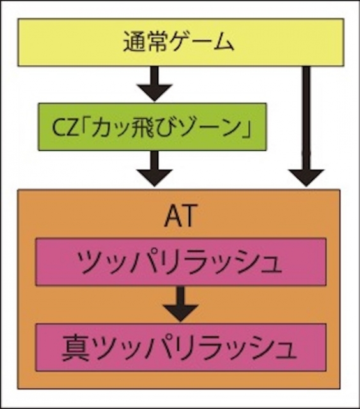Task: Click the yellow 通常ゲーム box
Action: (x=181, y=42)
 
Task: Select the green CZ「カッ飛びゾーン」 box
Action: (x=153, y=127)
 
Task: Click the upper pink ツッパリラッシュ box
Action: (x=181, y=261)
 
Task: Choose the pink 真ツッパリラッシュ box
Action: (x=181, y=348)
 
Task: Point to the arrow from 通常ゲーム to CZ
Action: (x=154, y=84)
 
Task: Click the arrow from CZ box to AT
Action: (x=154, y=169)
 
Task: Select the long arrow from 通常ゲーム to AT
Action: (x=306, y=127)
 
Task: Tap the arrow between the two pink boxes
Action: (x=181, y=304)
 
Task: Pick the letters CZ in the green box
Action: (x=65, y=128)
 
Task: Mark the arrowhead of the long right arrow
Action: (x=306, y=178)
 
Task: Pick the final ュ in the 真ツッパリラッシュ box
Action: (x=286, y=351)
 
